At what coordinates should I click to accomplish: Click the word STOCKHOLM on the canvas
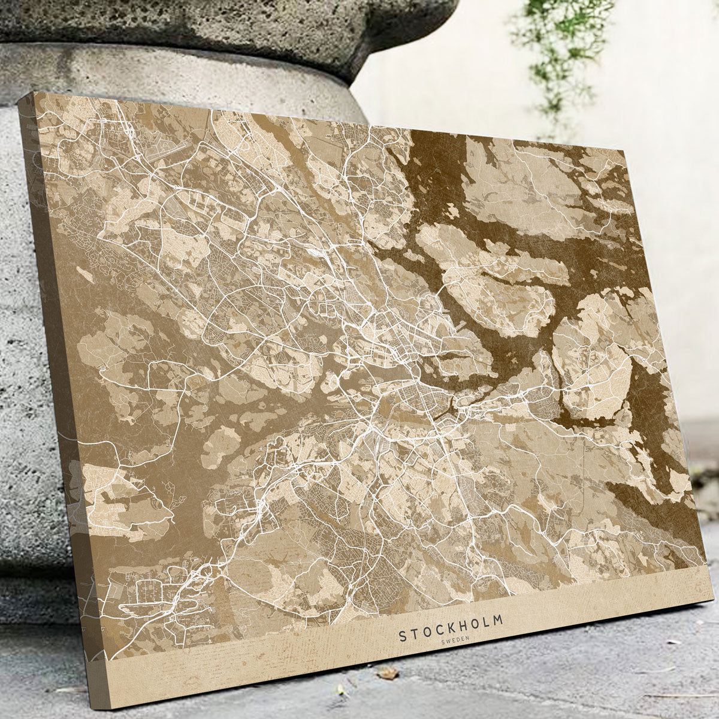tap(451, 627)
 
